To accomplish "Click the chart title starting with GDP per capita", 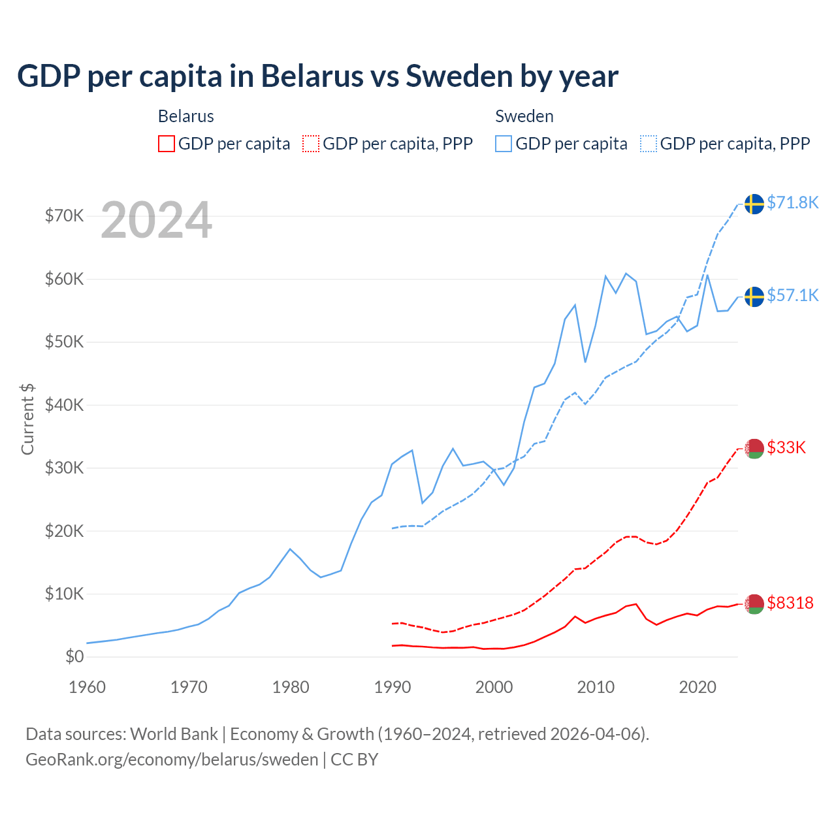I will tap(317, 76).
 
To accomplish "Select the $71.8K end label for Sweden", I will tap(792, 202).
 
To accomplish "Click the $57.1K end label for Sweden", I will tap(792, 295).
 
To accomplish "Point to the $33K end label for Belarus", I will tap(786, 447).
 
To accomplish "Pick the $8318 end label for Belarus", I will tap(790, 603).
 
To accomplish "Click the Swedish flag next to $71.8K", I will tap(754, 204).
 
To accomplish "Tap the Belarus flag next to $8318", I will tap(754, 604).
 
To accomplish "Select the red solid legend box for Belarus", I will tap(167, 144).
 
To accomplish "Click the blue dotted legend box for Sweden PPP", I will tap(649, 144).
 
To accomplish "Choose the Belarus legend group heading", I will tap(186, 116).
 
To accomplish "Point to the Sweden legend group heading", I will tap(524, 116).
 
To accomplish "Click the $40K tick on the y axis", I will tap(64, 405).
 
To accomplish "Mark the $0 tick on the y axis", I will tap(74, 656).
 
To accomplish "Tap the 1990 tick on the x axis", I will tap(393, 687).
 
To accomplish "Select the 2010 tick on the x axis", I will tap(596, 687).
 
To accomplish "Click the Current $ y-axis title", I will tap(27, 419).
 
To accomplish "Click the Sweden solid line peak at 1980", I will tap(290, 549).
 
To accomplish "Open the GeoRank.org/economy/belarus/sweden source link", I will tap(172, 760).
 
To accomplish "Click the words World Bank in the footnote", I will tap(174, 734).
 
